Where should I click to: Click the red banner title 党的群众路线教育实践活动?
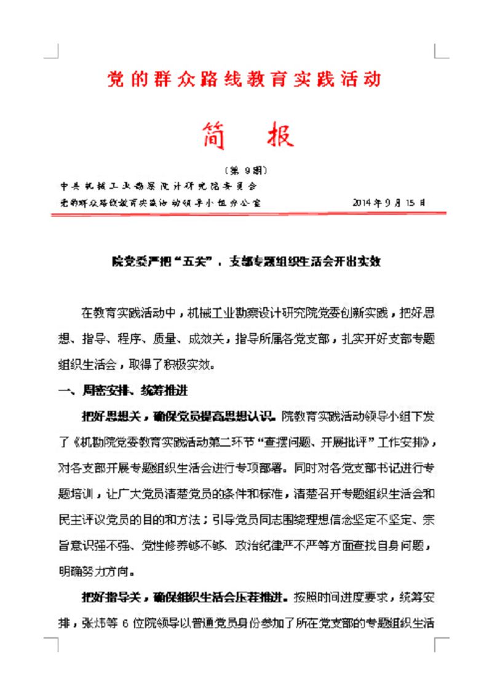[x=244, y=79]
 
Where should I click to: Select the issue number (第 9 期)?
[x=246, y=170]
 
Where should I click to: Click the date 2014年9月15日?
[x=389, y=202]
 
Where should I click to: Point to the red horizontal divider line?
[x=246, y=213]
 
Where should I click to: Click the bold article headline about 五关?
[x=246, y=261]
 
